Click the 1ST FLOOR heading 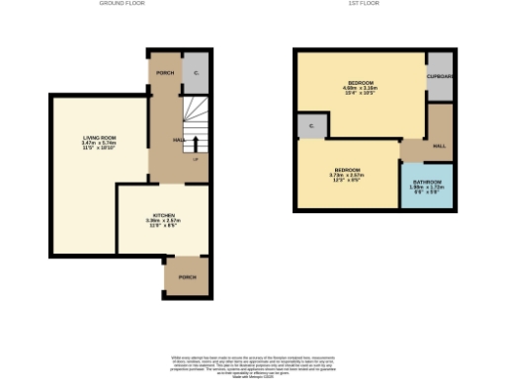[x=365, y=4]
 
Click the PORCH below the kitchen [x=186, y=277]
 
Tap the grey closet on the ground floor [x=196, y=72]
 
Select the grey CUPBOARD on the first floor [x=439, y=77]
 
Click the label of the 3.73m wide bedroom [x=345, y=169]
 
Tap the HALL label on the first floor [x=438, y=145]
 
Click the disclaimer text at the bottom [x=253, y=364]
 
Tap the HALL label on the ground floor [x=179, y=140]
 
